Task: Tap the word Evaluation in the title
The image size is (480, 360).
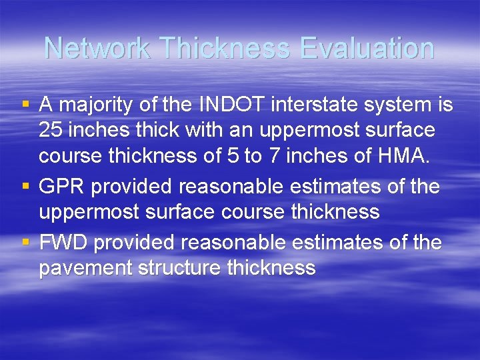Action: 367,48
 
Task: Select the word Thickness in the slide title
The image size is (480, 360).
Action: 226,48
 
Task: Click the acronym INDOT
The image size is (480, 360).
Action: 220,105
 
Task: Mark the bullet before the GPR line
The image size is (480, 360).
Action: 25,187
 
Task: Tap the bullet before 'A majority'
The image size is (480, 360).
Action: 25,105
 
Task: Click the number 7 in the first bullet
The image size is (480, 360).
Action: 273,156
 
